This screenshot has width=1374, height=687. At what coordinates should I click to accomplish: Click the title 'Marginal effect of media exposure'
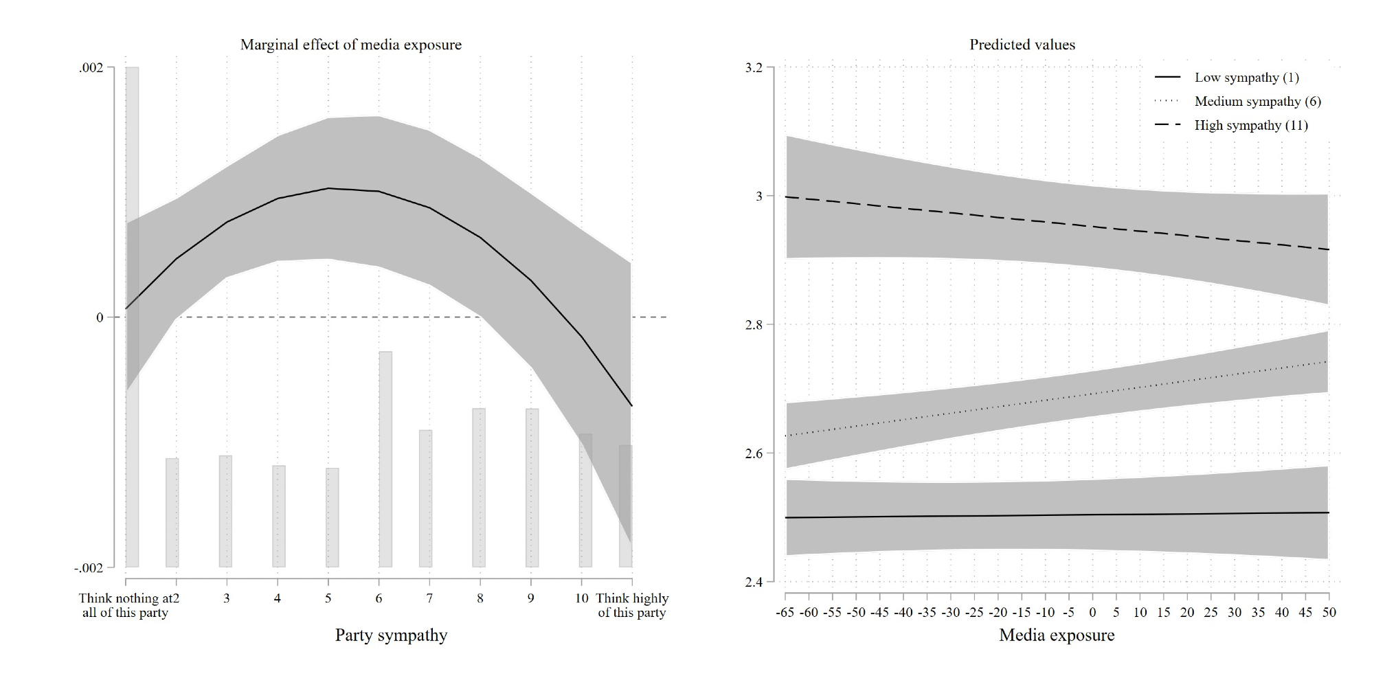pyautogui.click(x=350, y=45)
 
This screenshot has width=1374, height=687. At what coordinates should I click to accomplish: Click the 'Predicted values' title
pyautogui.click(x=1022, y=45)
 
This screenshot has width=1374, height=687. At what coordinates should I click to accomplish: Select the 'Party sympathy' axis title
pyautogui.click(x=391, y=635)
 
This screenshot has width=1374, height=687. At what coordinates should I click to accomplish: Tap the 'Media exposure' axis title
pyautogui.click(x=1057, y=635)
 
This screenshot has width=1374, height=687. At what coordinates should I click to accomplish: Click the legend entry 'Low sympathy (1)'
pyautogui.click(x=1246, y=78)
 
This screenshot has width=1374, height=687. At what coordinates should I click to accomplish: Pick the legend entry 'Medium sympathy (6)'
pyautogui.click(x=1257, y=102)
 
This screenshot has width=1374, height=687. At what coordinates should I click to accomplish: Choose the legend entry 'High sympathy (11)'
pyautogui.click(x=1251, y=126)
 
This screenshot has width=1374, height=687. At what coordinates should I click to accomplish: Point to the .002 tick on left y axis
pyautogui.click(x=91, y=67)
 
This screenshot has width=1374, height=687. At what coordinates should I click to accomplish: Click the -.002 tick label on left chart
pyautogui.click(x=89, y=568)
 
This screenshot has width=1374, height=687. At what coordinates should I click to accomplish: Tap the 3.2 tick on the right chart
pyautogui.click(x=754, y=67)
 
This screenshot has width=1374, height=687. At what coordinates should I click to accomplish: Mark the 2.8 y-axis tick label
pyautogui.click(x=754, y=324)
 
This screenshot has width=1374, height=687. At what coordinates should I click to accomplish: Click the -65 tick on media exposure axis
pyautogui.click(x=785, y=612)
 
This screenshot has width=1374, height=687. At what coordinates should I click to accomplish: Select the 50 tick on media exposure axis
pyautogui.click(x=1329, y=612)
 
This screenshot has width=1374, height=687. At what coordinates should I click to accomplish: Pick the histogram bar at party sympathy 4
pyautogui.click(x=279, y=516)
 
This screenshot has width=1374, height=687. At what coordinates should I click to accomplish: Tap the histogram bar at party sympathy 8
pyautogui.click(x=479, y=488)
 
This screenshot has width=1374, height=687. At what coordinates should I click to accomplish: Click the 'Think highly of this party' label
pyautogui.click(x=631, y=605)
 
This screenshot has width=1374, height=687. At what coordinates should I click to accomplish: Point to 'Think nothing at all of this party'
pyautogui.click(x=125, y=605)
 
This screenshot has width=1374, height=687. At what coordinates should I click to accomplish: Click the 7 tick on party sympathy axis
pyautogui.click(x=429, y=598)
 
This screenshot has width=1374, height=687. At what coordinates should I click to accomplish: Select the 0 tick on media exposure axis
pyautogui.click(x=1092, y=612)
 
